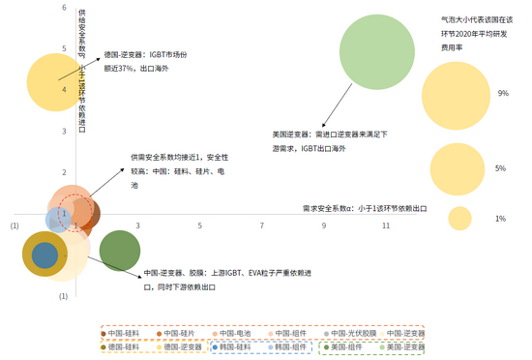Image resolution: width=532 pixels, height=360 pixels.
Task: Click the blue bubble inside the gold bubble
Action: click(44, 255)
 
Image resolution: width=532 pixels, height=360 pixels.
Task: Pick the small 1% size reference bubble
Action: click(458, 218)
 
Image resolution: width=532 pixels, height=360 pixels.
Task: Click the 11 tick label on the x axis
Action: click(386, 225)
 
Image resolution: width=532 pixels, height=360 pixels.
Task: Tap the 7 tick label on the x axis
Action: click(261, 225)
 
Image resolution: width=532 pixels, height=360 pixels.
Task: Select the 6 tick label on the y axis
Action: click(63, 9)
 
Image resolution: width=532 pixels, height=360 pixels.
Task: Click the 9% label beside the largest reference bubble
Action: click(502, 94)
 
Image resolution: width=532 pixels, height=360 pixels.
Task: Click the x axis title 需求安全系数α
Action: click(364, 207)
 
